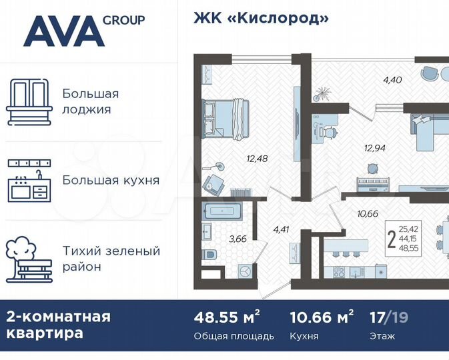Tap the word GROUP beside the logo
point(123,19)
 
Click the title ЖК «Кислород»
point(261,18)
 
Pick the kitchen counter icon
point(29,180)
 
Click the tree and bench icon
point(29,259)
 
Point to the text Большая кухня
point(111,180)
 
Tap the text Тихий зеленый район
point(111,259)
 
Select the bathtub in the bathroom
point(224,213)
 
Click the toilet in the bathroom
point(209,255)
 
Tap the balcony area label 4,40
point(392,81)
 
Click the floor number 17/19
point(390,317)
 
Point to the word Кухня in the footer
point(304,336)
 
